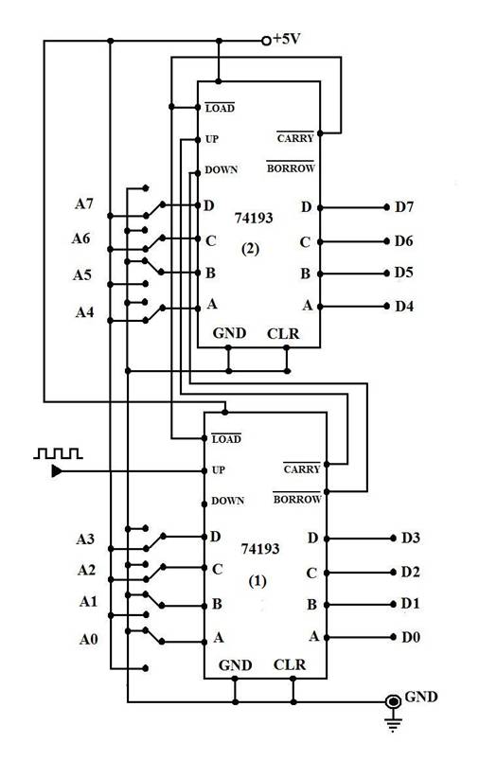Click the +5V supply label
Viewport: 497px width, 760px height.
tap(287, 38)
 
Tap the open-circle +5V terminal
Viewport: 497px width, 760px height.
tap(266, 42)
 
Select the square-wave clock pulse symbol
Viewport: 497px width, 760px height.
tap(58, 453)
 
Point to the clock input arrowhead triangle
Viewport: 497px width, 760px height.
tap(57, 470)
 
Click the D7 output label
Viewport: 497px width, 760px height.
tap(404, 207)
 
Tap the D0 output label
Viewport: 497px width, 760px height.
tap(411, 637)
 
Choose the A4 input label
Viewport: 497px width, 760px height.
tap(84, 312)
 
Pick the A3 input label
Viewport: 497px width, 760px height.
tap(85, 539)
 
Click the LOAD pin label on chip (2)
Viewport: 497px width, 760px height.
tap(220, 108)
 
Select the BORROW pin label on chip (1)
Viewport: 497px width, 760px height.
tap(297, 498)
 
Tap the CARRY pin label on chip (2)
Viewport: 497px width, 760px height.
tap(295, 137)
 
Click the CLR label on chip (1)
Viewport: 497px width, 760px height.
tap(290, 664)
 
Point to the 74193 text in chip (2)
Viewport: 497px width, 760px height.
tap(254, 218)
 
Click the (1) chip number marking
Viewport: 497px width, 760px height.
tap(257, 581)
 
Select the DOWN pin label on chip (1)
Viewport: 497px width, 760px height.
tap(227, 501)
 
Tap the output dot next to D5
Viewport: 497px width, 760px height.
tap(386, 274)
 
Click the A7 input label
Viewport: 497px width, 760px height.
tap(84, 203)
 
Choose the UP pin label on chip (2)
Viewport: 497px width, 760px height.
tap(212, 139)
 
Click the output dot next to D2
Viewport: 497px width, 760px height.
tap(393, 573)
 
